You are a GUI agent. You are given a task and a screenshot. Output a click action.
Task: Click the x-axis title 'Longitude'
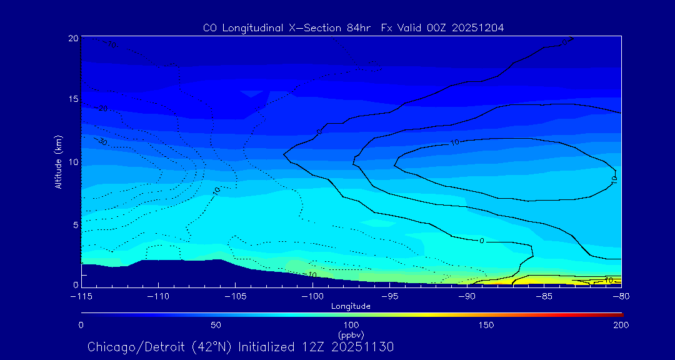click(x=351, y=306)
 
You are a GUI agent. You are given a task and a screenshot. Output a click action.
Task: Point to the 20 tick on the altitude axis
click(x=73, y=38)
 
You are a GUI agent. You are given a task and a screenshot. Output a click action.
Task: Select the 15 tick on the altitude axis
click(x=73, y=100)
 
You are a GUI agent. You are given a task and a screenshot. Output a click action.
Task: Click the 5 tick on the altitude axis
click(x=76, y=224)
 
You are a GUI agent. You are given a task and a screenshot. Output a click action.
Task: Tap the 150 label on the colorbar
click(x=486, y=325)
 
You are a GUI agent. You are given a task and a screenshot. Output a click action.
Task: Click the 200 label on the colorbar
click(x=621, y=325)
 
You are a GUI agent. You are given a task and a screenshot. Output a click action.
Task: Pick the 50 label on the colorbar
click(x=216, y=325)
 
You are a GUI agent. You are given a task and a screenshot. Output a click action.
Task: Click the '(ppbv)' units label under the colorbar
click(x=351, y=334)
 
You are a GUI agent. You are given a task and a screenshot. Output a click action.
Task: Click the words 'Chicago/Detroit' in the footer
click(x=127, y=347)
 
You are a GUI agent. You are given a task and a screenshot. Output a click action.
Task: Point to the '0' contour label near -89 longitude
click(x=481, y=241)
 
